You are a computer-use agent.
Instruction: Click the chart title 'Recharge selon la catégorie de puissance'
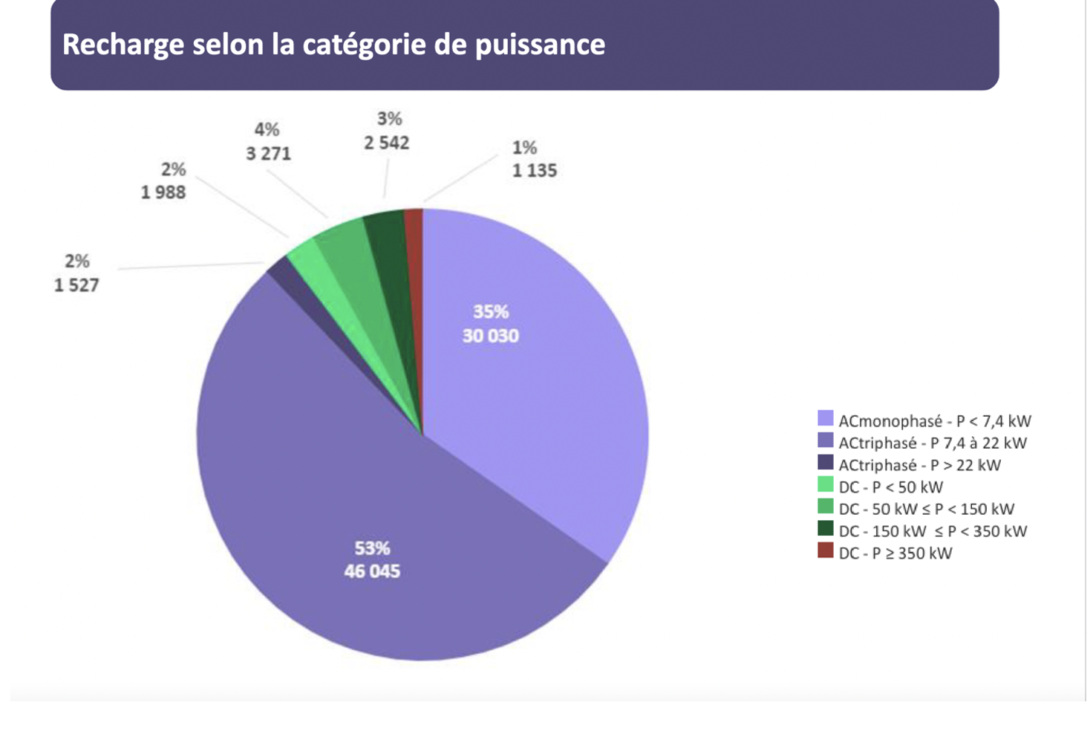[333, 45]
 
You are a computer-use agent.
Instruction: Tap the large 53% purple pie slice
[334, 483]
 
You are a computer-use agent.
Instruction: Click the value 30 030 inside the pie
[490, 336]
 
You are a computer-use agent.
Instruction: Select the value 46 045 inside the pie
[372, 571]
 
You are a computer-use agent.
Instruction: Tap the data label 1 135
[534, 171]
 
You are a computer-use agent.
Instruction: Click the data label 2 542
[386, 143]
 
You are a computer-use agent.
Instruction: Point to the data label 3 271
[268, 154]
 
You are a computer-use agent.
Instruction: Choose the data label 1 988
[163, 192]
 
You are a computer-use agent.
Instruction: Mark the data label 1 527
[76, 285]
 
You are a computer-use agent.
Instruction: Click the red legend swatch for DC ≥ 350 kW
[825, 551]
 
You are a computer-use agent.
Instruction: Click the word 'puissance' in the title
[540, 45]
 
